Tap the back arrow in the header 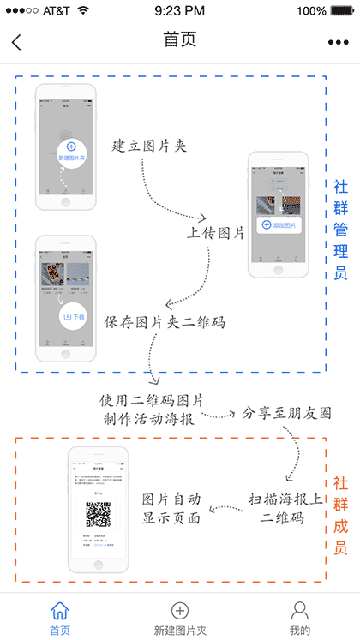(16, 42)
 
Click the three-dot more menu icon (339, 42)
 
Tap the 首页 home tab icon (60, 610)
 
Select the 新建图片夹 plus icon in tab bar (180, 610)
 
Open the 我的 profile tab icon (299, 610)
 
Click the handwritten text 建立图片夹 (149, 146)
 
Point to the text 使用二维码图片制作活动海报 (151, 410)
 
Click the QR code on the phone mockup (98, 515)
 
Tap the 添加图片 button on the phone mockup (279, 225)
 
